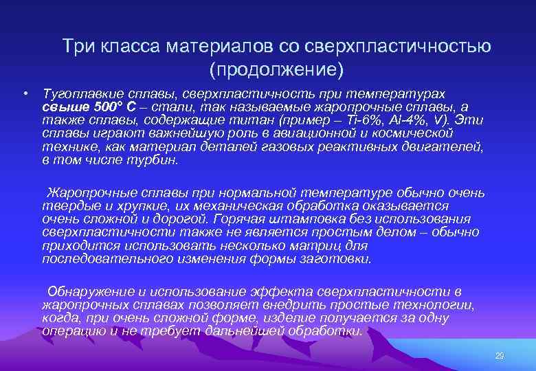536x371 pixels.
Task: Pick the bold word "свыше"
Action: [63, 106]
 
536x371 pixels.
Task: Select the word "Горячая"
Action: [241, 219]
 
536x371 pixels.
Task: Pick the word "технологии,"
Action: [436, 305]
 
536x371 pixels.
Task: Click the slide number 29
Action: [500, 356]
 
